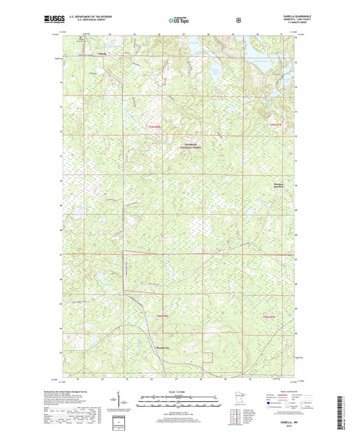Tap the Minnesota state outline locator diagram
247,395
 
